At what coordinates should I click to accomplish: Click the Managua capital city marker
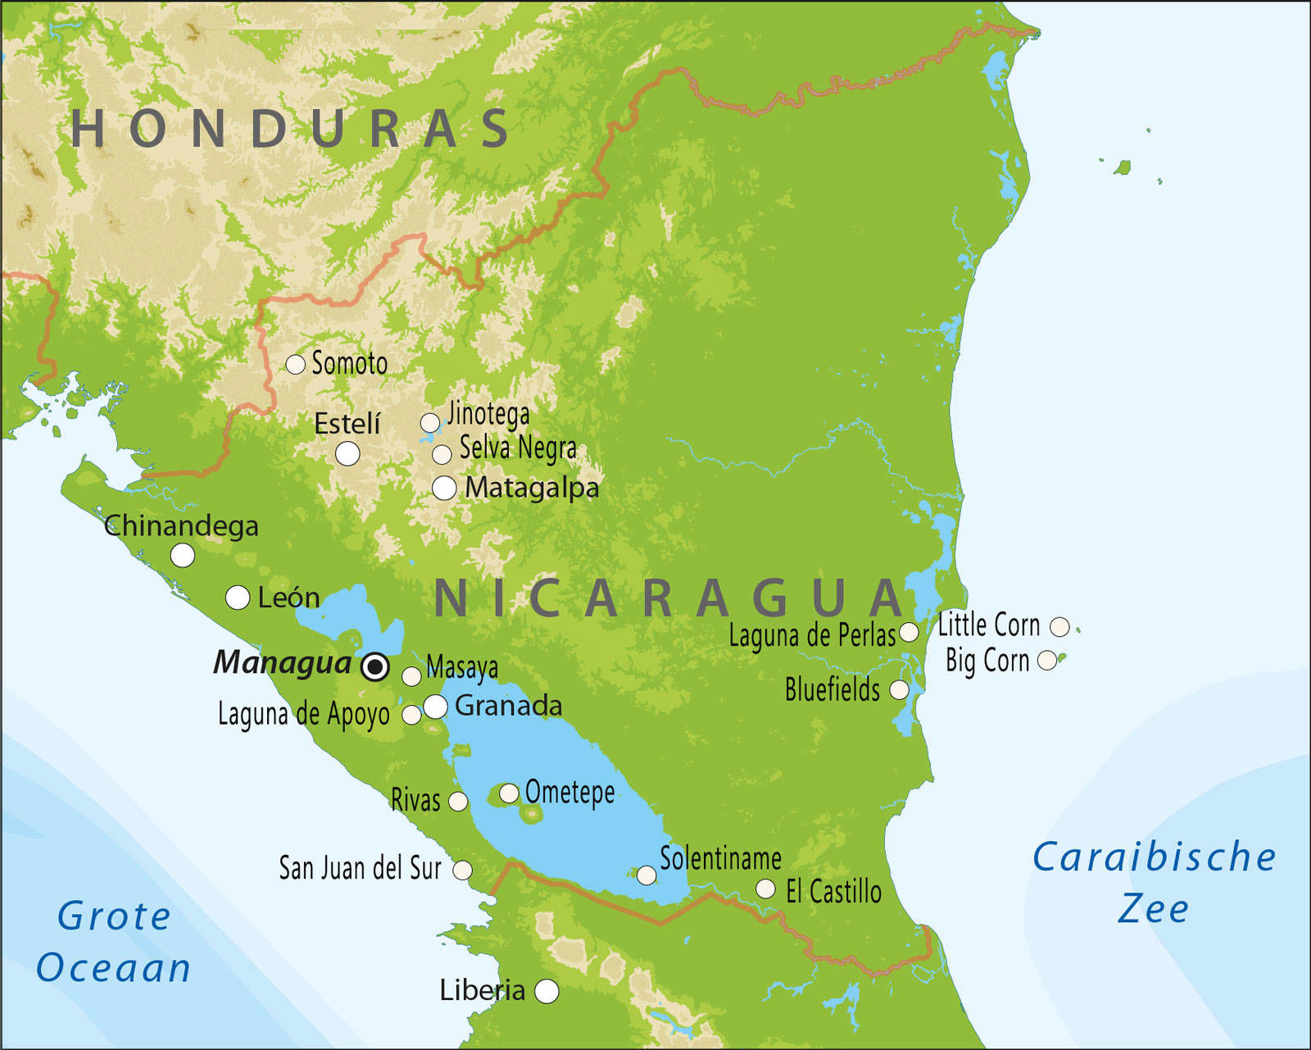click(x=375, y=666)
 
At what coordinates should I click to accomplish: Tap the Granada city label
click(x=508, y=706)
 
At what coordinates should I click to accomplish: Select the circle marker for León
click(x=238, y=598)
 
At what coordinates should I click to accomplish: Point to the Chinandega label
click(x=181, y=526)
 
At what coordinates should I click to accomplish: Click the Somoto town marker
click(x=295, y=364)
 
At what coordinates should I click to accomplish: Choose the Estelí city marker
click(x=347, y=453)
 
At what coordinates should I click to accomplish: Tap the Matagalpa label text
click(x=532, y=488)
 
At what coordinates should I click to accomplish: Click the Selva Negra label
click(x=518, y=448)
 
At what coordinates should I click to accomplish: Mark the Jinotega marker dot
click(x=429, y=423)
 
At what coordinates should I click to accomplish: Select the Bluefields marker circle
click(x=899, y=690)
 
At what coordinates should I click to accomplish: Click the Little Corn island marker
click(x=1059, y=627)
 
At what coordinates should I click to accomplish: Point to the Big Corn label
click(x=987, y=661)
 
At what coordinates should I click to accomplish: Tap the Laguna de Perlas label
click(x=812, y=635)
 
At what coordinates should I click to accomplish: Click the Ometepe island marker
click(x=509, y=793)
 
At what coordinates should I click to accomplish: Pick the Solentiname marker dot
click(x=646, y=875)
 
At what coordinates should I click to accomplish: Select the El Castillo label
click(x=833, y=892)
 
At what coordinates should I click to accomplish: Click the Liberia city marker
click(x=547, y=991)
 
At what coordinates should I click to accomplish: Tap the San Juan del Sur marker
click(x=462, y=870)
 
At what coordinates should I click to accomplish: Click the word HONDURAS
click(x=291, y=130)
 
